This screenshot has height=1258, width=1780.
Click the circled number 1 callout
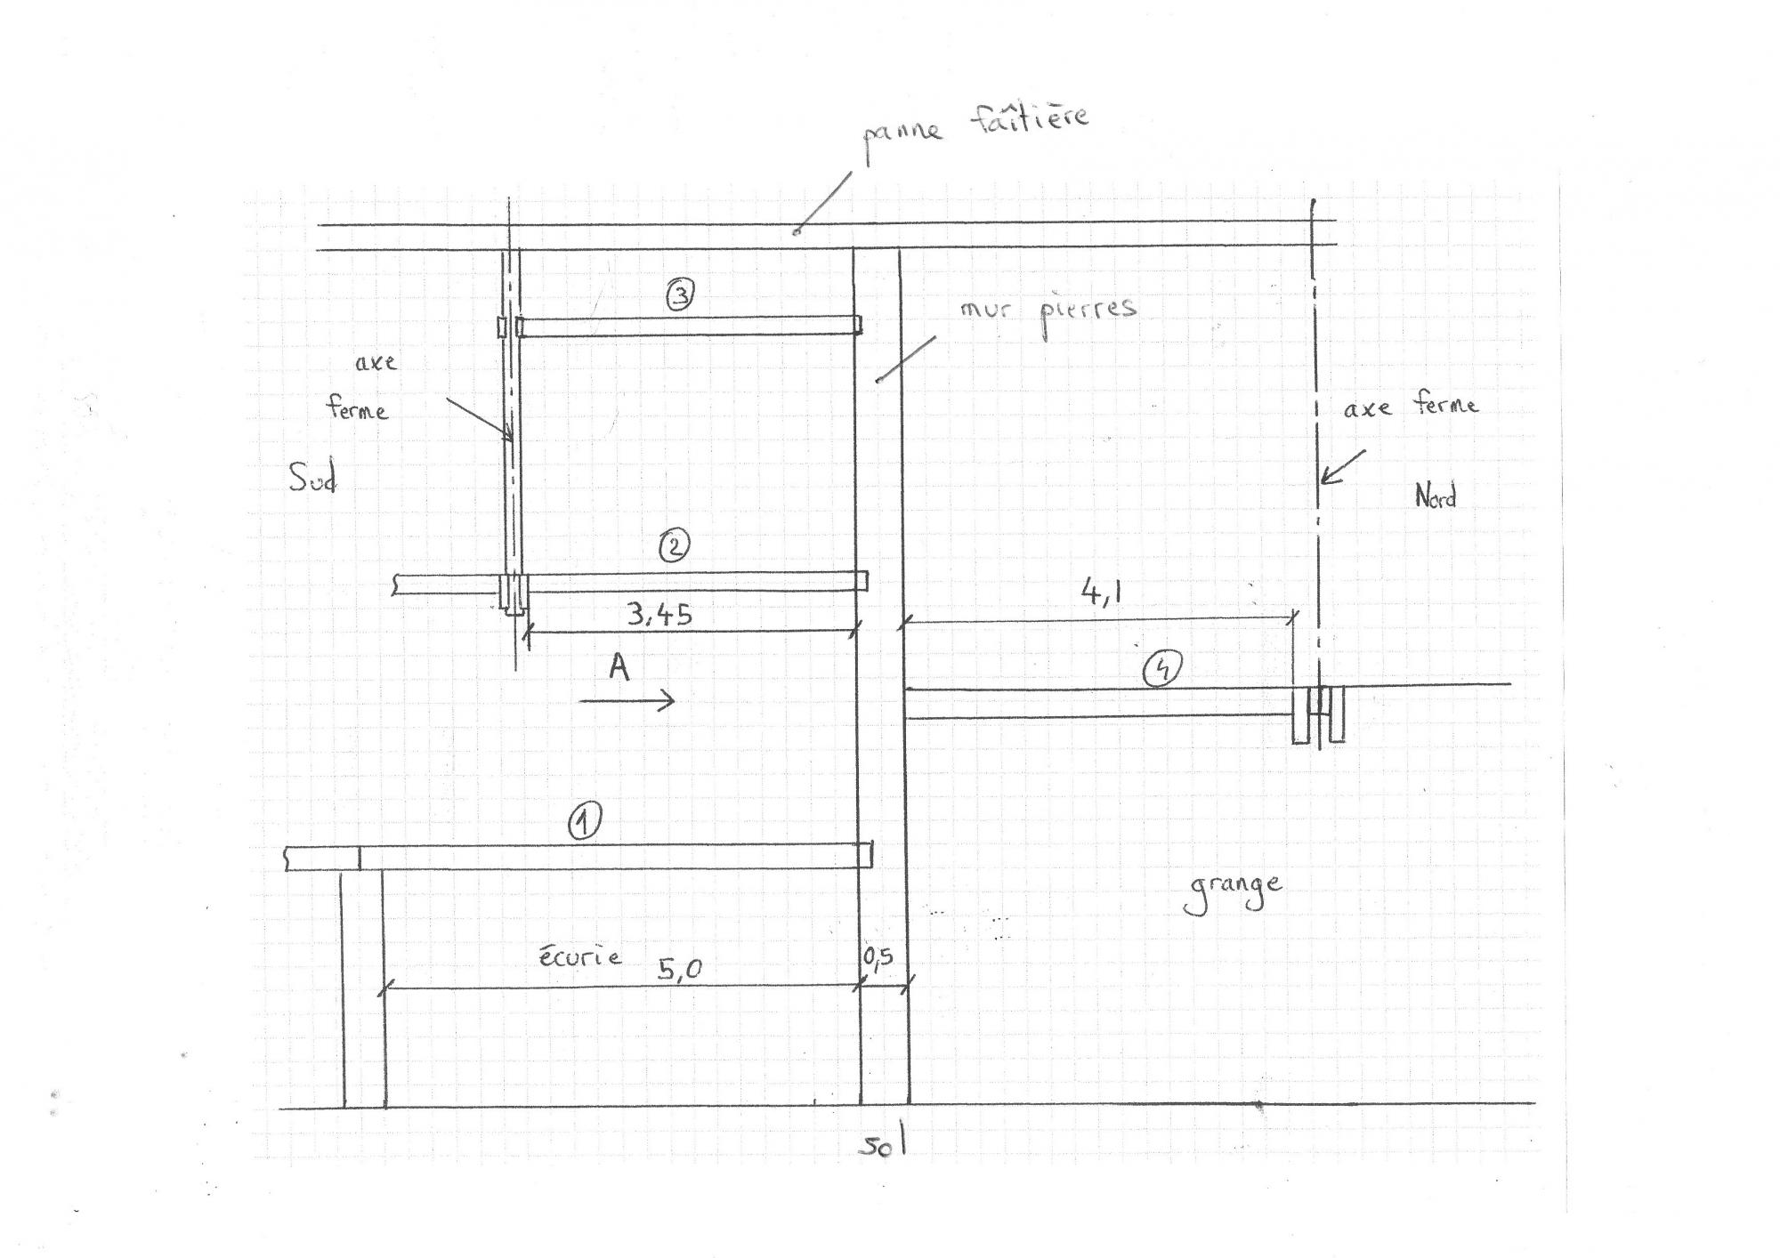(x=584, y=821)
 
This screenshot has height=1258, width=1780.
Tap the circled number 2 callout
(x=673, y=545)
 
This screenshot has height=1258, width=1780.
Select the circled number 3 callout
(x=680, y=294)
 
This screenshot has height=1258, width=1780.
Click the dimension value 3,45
(x=659, y=613)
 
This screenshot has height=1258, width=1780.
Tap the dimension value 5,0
(x=680, y=968)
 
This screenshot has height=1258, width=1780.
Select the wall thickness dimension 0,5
(x=878, y=957)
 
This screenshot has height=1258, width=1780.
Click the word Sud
(x=312, y=479)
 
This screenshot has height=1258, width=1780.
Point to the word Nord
(x=1435, y=496)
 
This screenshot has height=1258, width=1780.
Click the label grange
(x=1233, y=891)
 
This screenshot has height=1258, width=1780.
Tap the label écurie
(x=580, y=956)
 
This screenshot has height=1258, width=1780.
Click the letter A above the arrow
(x=619, y=666)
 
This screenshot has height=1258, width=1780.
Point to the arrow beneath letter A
(x=627, y=701)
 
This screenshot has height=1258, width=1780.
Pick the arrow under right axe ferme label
(x=1341, y=467)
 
